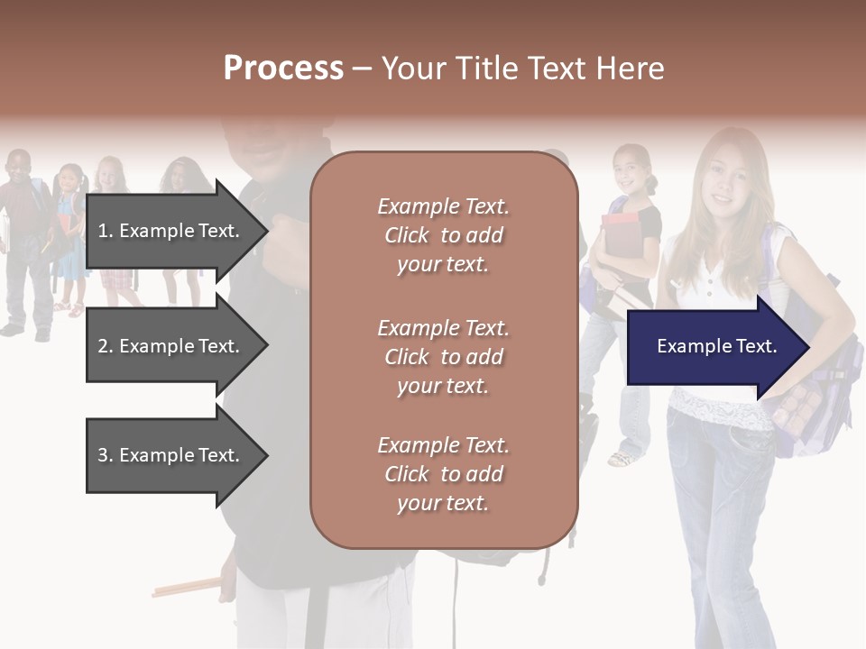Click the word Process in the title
(x=283, y=69)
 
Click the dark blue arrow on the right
(x=716, y=346)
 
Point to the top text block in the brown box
(x=443, y=235)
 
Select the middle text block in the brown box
(x=443, y=357)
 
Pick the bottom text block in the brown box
(x=443, y=474)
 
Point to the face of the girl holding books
(x=631, y=167)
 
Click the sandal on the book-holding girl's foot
(x=622, y=459)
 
